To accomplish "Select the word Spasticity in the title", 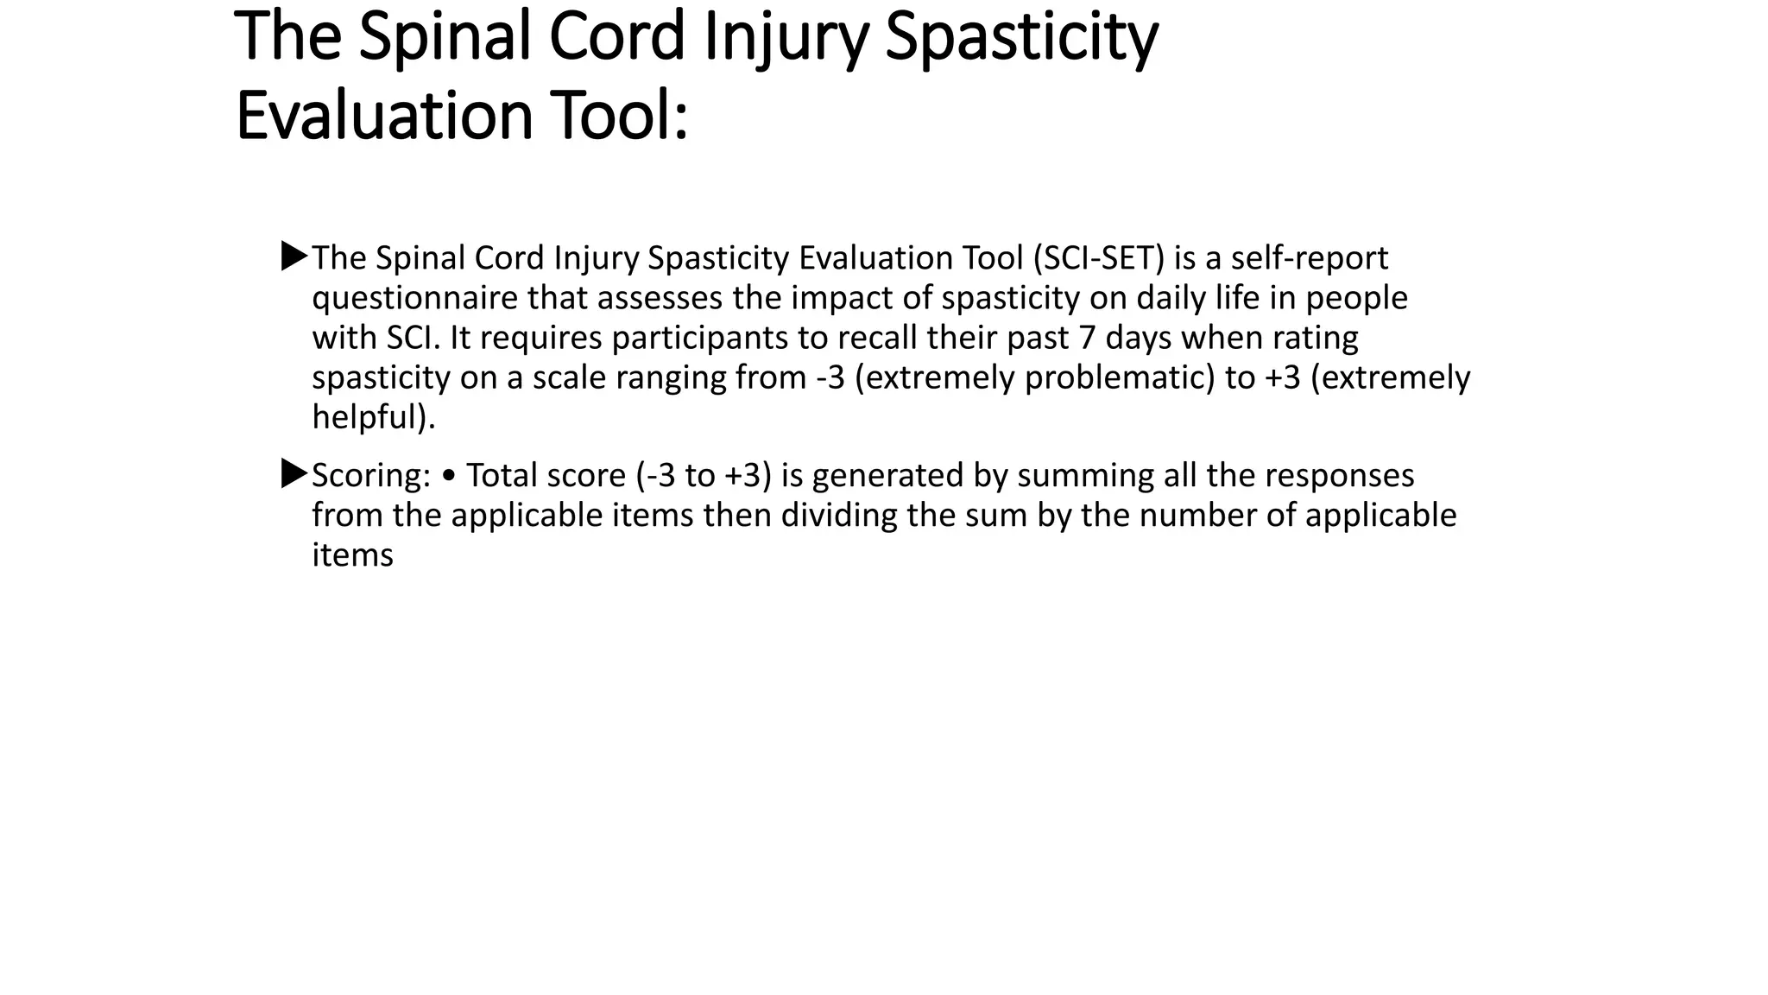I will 1020,37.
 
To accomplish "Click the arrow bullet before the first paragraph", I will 294,257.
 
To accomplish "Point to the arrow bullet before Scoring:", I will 294,474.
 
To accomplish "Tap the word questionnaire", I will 414,298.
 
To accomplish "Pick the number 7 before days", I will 1088,338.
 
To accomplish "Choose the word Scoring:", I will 370,476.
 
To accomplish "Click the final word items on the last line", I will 352,555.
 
